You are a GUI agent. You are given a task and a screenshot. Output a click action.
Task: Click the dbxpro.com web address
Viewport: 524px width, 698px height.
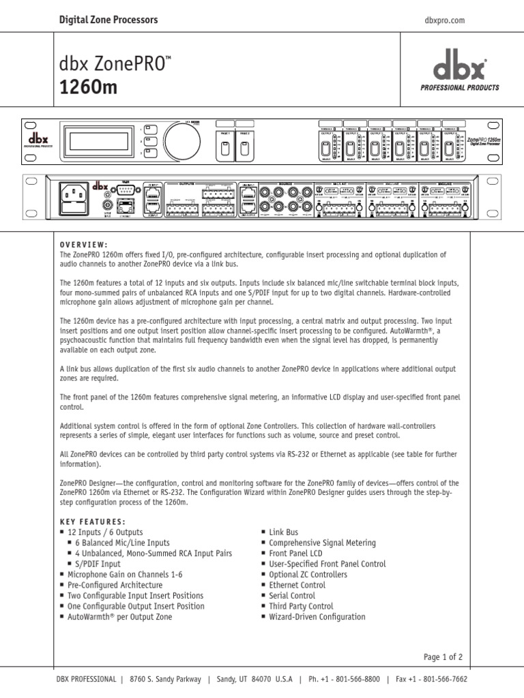[x=444, y=20]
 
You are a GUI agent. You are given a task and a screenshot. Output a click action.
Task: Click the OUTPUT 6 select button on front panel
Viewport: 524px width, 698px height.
[x=449, y=149]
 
